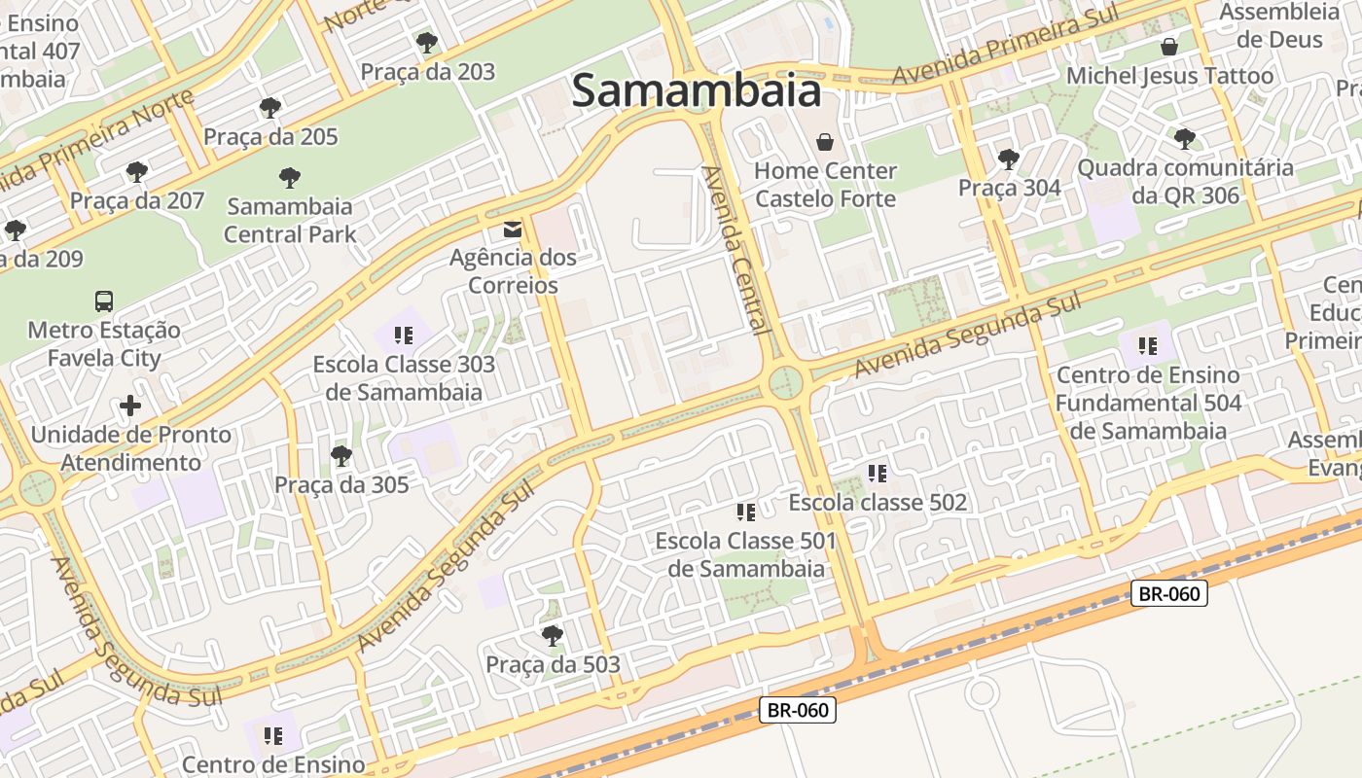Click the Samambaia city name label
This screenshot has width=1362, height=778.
[x=697, y=90]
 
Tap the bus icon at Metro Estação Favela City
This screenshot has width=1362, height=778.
[x=104, y=301]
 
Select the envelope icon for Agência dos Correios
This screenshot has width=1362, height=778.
[x=512, y=230]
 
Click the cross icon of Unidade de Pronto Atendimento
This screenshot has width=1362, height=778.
[x=130, y=405]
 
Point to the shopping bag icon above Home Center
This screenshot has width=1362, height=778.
[x=825, y=143]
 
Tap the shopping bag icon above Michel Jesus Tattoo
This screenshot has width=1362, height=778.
[x=1169, y=47]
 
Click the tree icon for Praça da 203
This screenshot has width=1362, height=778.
[x=426, y=43]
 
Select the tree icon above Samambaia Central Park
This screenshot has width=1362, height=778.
[x=289, y=178]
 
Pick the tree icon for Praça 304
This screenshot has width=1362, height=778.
[x=1009, y=159]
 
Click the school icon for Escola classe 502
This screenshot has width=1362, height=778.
[x=878, y=474]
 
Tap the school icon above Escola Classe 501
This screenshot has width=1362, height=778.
[x=746, y=512]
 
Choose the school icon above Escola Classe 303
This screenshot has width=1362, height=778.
[x=404, y=336]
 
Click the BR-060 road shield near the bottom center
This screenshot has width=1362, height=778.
[x=797, y=710]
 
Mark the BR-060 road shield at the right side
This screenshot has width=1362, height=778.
[x=1168, y=593]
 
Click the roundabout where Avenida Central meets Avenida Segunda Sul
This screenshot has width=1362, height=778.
[x=786, y=383]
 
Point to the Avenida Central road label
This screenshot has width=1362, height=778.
[x=736, y=250]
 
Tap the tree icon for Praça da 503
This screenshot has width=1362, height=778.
[x=553, y=636]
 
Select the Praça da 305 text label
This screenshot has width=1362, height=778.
[x=341, y=484]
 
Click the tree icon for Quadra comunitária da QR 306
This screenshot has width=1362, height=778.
[x=1184, y=139]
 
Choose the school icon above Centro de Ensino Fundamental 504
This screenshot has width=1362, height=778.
[x=1148, y=345]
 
